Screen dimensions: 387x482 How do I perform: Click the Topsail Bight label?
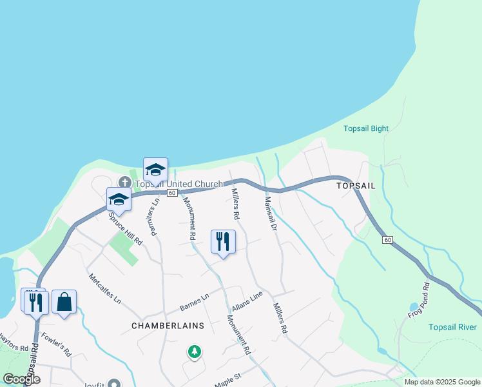coord(366,128)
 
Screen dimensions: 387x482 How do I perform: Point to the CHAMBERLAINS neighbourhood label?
coord(168,326)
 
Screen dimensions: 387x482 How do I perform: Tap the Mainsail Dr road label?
coord(270,214)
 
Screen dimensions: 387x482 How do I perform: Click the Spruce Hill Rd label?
coord(127,227)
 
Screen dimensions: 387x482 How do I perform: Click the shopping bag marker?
coord(64,301)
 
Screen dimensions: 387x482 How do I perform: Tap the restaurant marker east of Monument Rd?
coord(223,241)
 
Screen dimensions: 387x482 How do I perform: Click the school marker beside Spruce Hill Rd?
coord(119,199)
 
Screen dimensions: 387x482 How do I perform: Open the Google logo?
coord(21,379)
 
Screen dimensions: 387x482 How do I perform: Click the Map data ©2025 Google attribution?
coord(442,382)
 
